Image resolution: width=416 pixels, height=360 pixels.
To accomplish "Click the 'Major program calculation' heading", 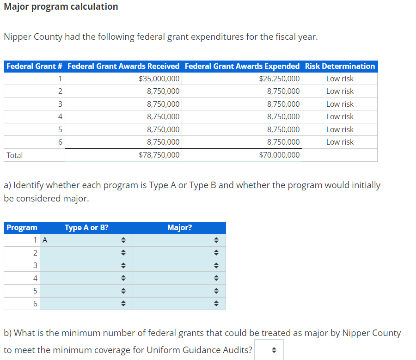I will (61, 7).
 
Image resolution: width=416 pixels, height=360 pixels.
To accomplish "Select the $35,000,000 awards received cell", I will (159, 79).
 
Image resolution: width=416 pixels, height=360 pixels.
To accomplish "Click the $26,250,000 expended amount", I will (279, 79).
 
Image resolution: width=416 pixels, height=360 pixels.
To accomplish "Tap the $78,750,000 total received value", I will (159, 155).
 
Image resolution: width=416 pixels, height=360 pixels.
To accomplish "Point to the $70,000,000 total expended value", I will (279, 155).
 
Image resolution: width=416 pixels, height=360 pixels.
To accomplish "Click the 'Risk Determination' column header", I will (340, 66).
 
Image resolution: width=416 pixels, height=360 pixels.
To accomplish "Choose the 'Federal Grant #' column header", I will (35, 66).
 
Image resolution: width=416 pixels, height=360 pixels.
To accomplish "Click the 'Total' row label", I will (15, 155).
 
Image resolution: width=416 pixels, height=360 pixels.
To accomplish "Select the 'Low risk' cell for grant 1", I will (340, 79).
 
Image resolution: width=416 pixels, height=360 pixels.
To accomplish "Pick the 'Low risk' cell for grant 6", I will (340, 142).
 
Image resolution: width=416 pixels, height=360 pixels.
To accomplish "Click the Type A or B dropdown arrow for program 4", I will (123, 278).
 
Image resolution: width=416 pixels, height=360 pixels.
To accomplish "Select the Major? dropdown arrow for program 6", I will (215, 304).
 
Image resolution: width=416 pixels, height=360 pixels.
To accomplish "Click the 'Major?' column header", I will (179, 227).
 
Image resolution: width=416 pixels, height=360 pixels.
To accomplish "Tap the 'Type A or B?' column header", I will (87, 227).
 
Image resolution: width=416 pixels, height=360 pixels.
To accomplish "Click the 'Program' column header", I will (22, 227).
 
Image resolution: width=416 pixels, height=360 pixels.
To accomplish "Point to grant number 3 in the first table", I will (60, 104).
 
